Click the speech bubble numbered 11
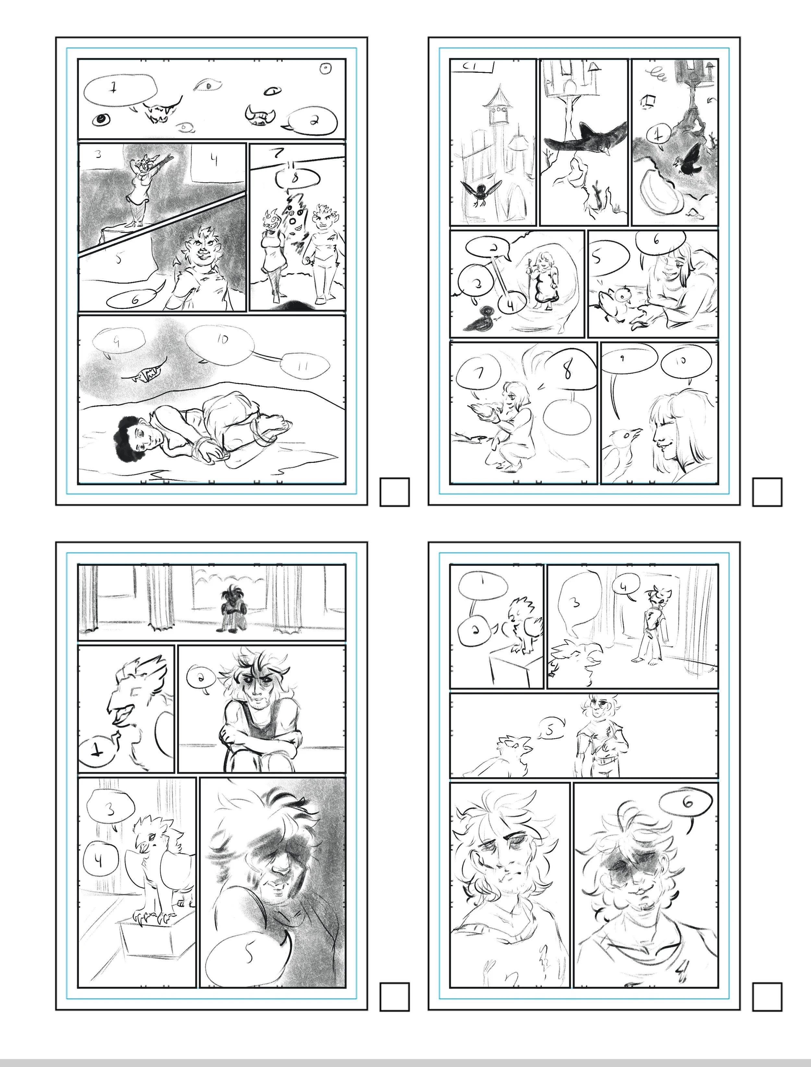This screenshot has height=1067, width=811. (x=305, y=366)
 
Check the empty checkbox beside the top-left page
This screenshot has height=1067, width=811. (x=394, y=492)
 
